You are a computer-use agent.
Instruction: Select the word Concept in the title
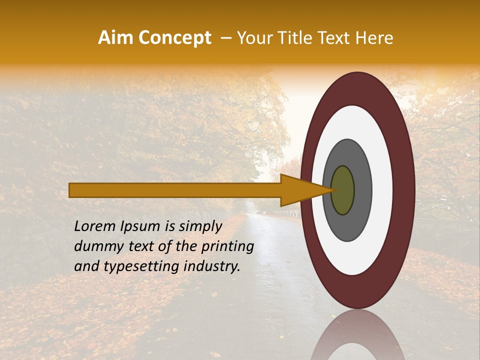pyautogui.click(x=174, y=38)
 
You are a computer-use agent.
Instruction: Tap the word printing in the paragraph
pyautogui.click(x=227, y=246)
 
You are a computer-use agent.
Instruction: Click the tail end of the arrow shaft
pyautogui.click(x=71, y=190)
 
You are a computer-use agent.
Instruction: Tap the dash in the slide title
pyautogui.click(x=225, y=38)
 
